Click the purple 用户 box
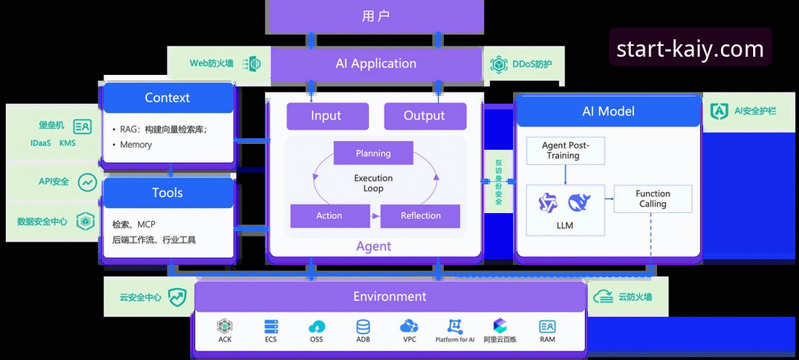[375, 16]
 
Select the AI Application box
[376, 64]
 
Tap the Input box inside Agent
[327, 116]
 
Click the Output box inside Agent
[425, 116]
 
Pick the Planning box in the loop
[373, 153]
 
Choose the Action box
[330, 216]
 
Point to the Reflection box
[421, 216]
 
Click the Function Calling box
[653, 199]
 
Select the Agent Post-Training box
[565, 151]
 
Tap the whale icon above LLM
[579, 203]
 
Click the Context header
[167, 97]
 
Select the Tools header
[167, 193]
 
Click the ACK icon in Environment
[225, 327]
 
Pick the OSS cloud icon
[317, 327]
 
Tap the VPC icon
[409, 327]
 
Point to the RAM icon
[548, 327]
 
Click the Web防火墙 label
[212, 63]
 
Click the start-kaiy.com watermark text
[690, 49]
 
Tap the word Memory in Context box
[136, 145]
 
